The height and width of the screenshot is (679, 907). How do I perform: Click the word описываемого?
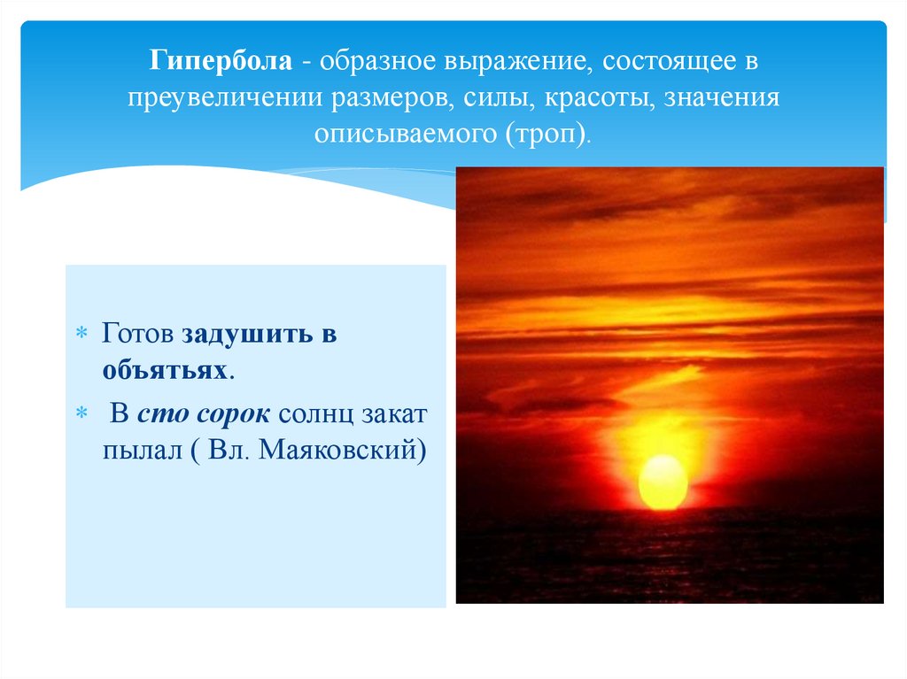pyautogui.click(x=404, y=135)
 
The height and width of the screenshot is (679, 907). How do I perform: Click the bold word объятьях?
pyautogui.click(x=166, y=370)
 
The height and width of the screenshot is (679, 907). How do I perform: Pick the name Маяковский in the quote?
pyautogui.click(x=339, y=449)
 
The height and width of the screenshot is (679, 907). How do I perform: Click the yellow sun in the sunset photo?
pyautogui.click(x=663, y=482)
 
